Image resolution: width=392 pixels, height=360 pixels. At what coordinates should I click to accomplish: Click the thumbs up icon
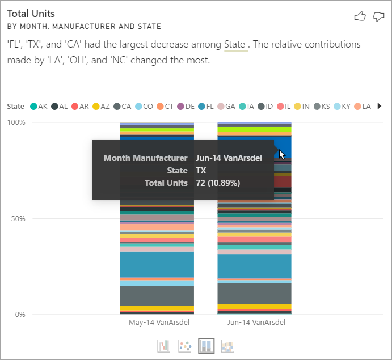[x=360, y=16]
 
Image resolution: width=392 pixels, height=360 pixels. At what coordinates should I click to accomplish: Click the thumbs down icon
[x=378, y=16]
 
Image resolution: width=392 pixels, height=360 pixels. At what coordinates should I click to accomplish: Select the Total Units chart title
[x=31, y=13]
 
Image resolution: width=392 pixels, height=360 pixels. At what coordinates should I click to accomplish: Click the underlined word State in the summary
[x=235, y=44]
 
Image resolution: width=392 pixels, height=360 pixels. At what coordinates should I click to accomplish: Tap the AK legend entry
[x=39, y=106]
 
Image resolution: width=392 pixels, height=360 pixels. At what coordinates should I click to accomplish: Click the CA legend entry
[x=122, y=106]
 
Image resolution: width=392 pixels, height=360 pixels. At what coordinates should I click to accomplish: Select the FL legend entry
[x=205, y=106]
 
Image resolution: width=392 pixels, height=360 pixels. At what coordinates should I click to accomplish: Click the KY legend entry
[x=342, y=106]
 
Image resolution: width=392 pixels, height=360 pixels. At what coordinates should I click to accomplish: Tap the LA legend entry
[x=363, y=106]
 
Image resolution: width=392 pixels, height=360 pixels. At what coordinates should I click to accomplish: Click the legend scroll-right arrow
[x=380, y=106]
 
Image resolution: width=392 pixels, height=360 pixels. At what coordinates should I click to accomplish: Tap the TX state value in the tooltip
[x=201, y=171]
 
